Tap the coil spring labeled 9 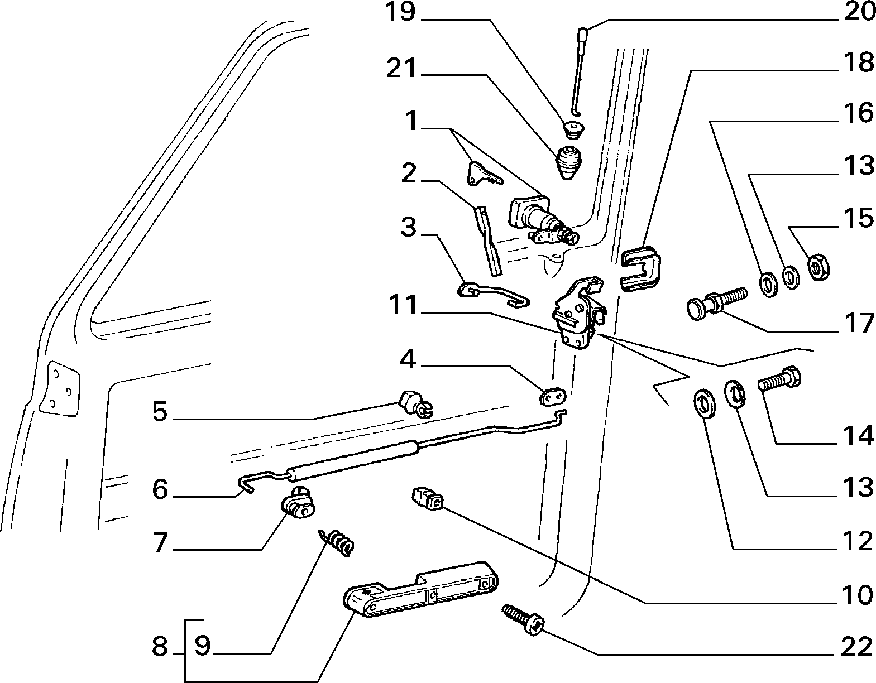tap(337, 543)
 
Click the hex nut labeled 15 tap(818, 267)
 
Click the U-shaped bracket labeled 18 tap(640, 267)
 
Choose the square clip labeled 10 tap(427, 499)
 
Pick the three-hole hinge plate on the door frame tap(59, 388)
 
